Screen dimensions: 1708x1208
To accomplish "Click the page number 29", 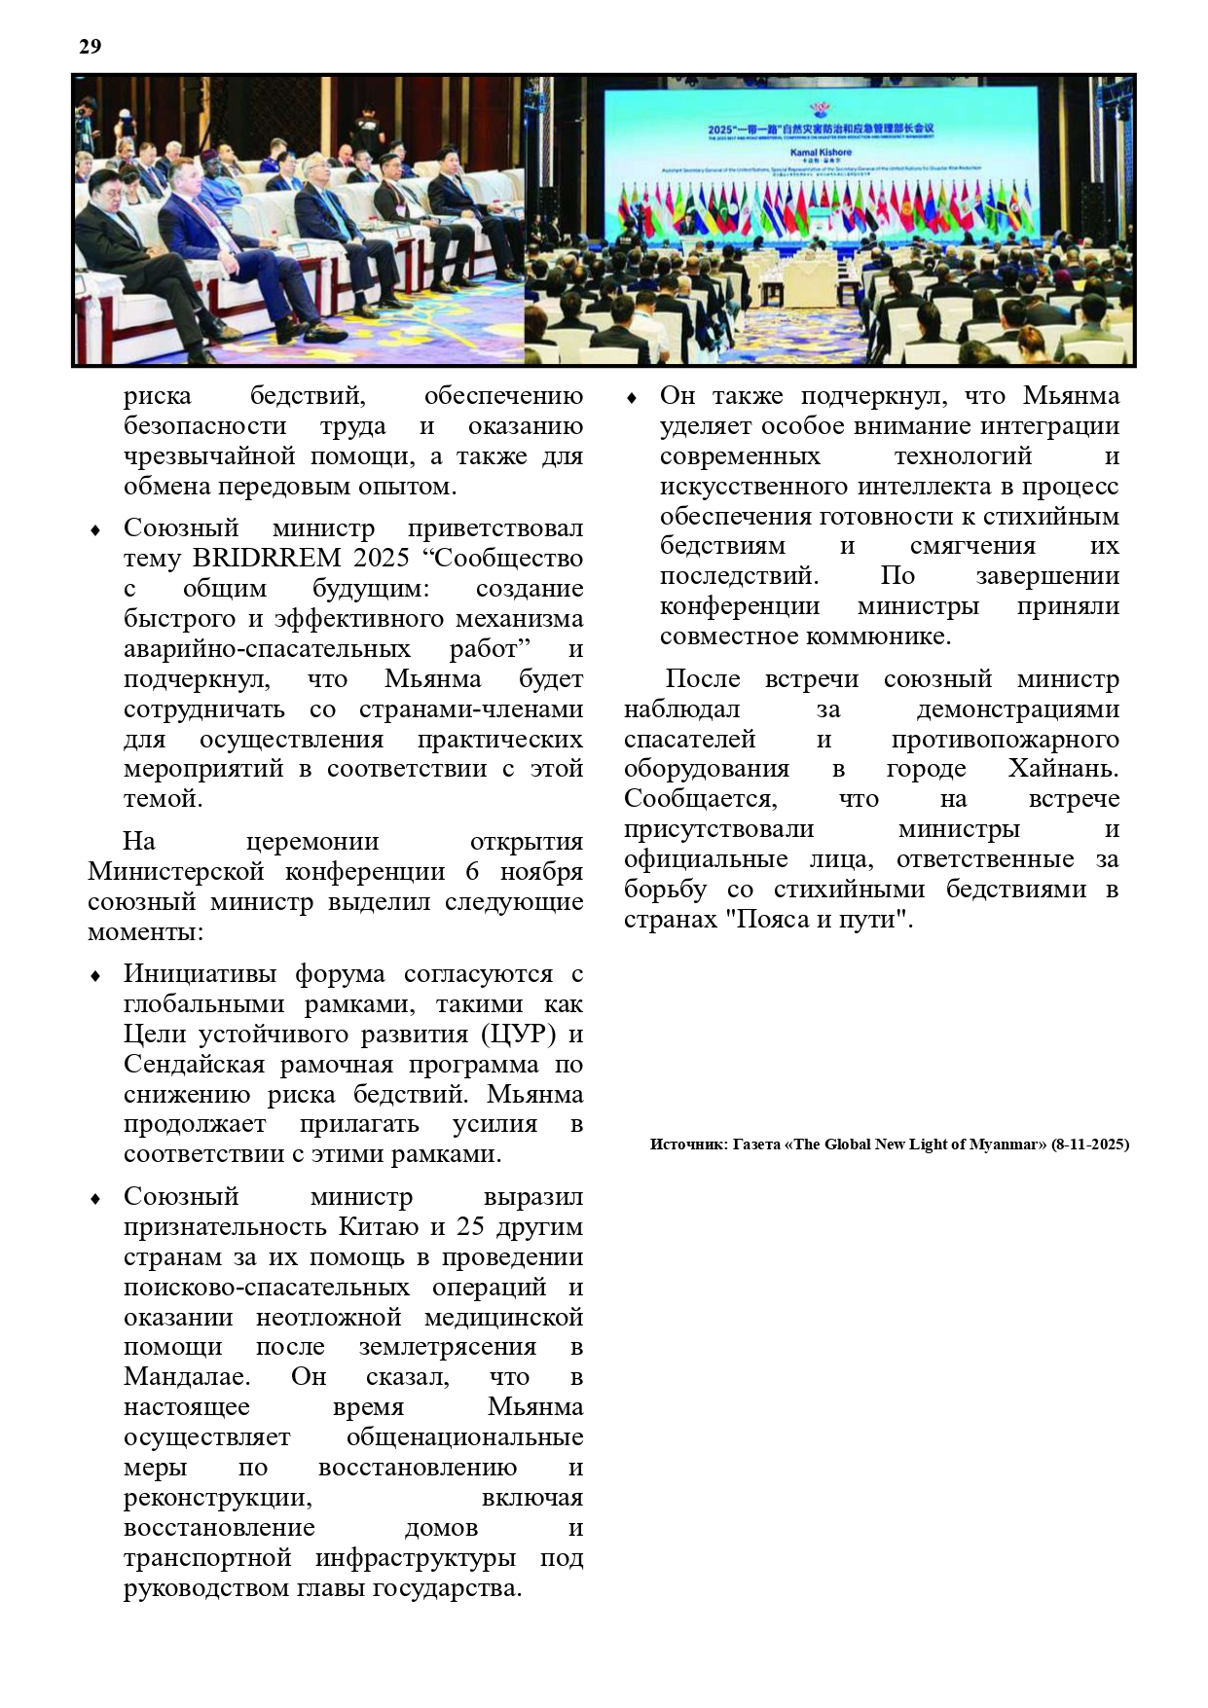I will tap(90, 47).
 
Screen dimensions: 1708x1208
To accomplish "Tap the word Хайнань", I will tap(1063, 769).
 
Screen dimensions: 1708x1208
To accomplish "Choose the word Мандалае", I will tap(186, 1377).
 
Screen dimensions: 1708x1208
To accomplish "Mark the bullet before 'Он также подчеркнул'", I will tap(631, 398).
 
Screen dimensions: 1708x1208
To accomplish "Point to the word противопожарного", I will tap(1005, 739).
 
